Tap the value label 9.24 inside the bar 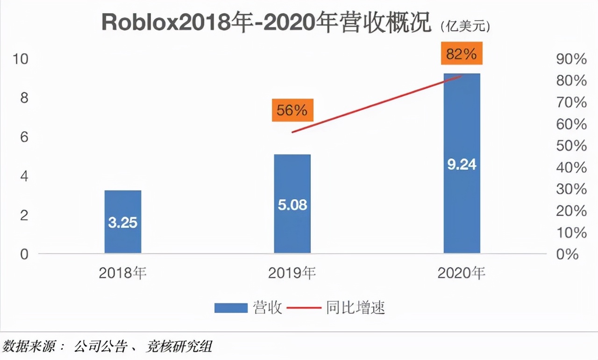pos(462,165)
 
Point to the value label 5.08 pos(292,205)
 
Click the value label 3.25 pos(122,223)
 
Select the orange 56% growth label pos(292,111)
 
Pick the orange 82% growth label pos(461,54)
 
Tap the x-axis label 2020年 pos(461,273)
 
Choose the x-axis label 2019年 pos(292,273)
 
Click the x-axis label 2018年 pos(122,273)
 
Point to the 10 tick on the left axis pos(21,59)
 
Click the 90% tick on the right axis pos(571,59)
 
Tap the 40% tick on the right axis pos(571,167)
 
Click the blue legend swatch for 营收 pos(231,308)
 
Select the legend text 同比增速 pos(356,308)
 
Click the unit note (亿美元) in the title pos(465,27)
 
